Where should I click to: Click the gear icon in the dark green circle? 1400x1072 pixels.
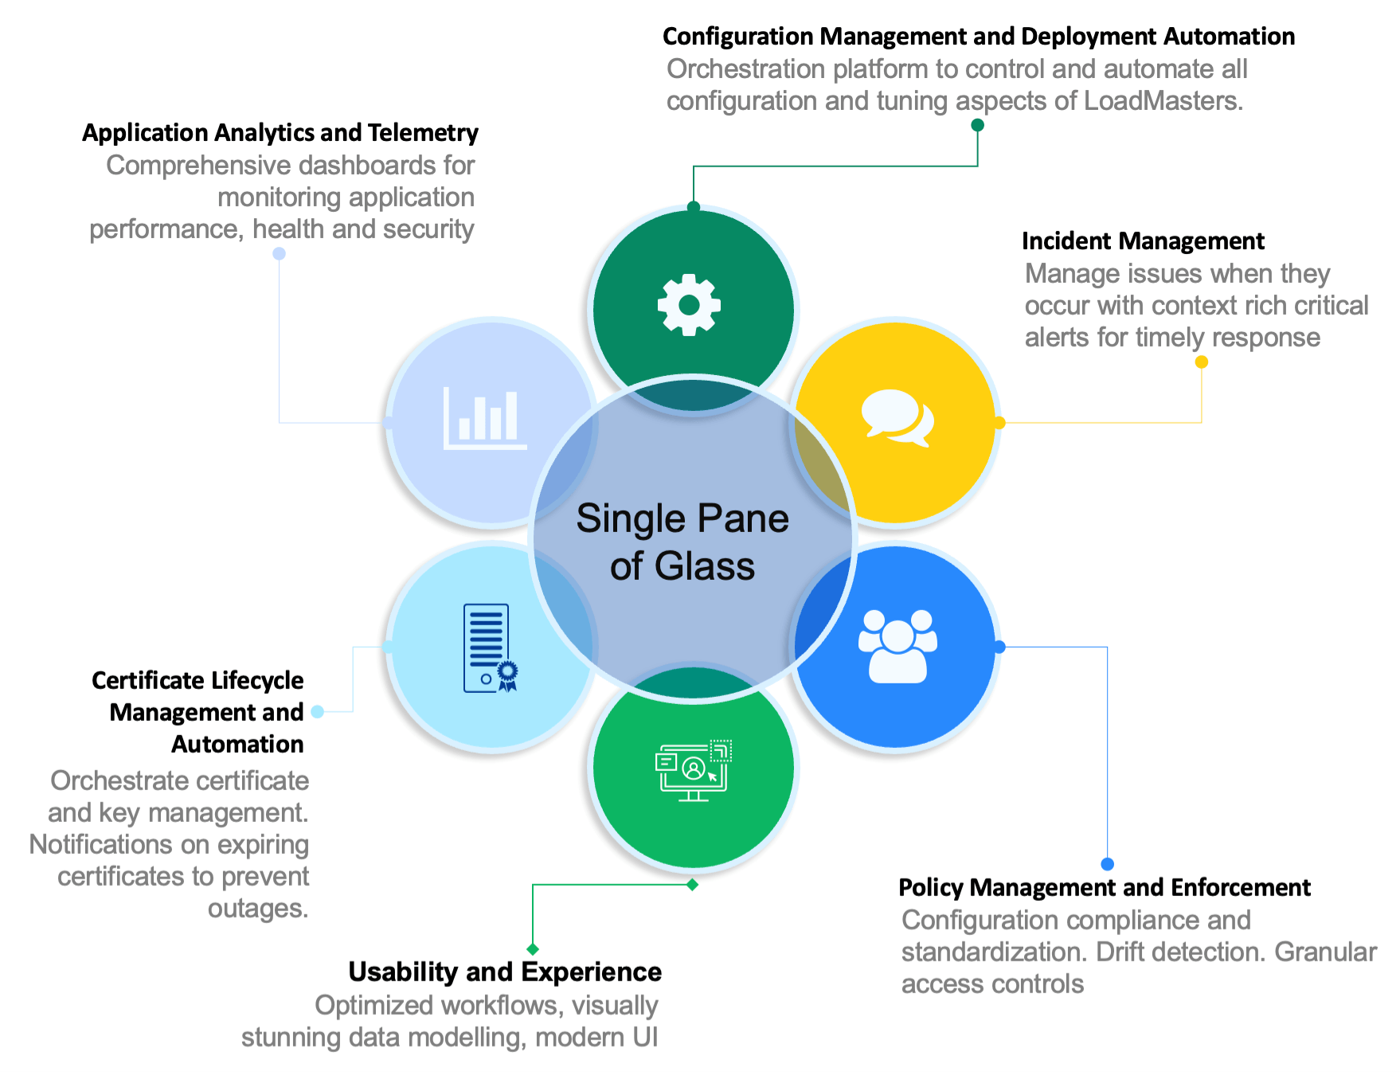click(689, 305)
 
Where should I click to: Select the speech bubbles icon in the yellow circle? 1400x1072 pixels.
click(897, 417)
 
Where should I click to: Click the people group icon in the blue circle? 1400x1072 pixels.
click(897, 646)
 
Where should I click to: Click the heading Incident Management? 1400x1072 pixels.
click(1143, 241)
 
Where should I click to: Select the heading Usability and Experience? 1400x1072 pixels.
click(505, 972)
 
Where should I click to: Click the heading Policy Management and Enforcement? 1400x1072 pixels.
click(1104, 887)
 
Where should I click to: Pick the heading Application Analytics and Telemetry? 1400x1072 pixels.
click(280, 133)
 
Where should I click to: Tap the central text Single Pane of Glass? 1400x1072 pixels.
click(682, 542)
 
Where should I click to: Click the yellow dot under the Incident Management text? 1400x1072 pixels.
click(1202, 362)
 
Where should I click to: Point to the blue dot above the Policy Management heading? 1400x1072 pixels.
click(1107, 864)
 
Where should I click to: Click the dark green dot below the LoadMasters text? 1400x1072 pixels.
click(977, 125)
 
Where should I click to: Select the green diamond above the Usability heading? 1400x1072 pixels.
click(533, 949)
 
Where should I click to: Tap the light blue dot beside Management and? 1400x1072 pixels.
click(318, 712)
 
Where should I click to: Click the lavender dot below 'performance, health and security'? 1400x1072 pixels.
click(279, 254)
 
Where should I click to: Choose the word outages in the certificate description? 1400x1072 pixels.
click(257, 909)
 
